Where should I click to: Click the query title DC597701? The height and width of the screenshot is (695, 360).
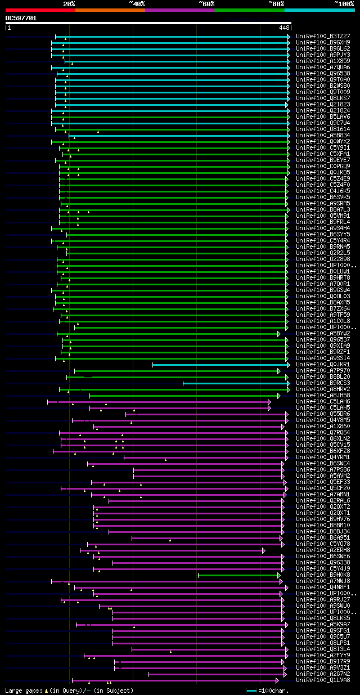pos(21,18)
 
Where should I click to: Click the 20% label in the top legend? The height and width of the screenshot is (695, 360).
pos(69,3)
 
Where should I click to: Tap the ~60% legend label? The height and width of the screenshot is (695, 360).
pos(206,3)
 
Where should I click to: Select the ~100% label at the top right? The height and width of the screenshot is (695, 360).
pos(344,3)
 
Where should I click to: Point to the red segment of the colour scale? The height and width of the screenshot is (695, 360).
pos(40,10)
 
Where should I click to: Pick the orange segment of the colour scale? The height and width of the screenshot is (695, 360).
pos(110,10)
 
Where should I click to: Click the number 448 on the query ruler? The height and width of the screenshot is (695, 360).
pos(284,27)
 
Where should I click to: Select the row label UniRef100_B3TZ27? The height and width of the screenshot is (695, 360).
pos(323,36)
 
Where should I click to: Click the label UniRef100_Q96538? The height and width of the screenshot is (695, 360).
pos(323,73)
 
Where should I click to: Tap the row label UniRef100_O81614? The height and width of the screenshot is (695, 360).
pos(323,129)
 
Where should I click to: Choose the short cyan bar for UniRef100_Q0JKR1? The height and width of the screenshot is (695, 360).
pos(219,365)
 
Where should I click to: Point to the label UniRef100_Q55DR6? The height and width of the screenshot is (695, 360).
pos(323,414)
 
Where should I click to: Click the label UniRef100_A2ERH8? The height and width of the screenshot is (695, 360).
pos(323,550)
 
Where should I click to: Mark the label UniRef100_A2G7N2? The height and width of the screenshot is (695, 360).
pos(323,674)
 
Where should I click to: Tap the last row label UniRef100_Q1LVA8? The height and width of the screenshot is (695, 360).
pos(323,680)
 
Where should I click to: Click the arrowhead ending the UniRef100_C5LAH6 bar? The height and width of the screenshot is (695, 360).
pos(269,402)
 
